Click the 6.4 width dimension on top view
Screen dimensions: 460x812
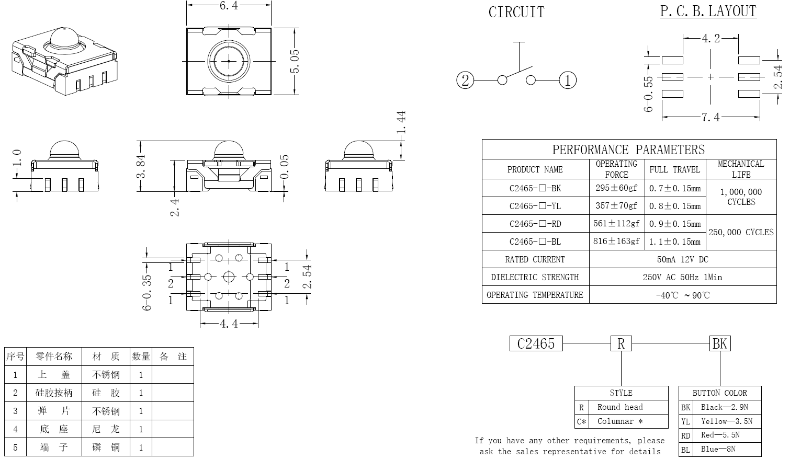229,6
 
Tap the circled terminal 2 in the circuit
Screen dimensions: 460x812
465,80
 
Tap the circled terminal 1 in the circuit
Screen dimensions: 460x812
568,80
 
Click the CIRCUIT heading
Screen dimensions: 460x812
516,13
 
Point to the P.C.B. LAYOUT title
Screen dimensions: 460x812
708,11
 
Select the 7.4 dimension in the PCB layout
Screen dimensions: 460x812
710,117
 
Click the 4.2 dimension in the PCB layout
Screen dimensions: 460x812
710,38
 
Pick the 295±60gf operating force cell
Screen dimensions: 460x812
616,188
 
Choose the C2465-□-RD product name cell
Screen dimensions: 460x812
535,224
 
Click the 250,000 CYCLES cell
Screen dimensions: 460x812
740,233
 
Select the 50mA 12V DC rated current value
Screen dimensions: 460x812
682,260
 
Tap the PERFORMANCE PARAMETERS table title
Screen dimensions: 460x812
628,150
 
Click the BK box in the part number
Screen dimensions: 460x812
719,343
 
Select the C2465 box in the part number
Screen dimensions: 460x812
536,343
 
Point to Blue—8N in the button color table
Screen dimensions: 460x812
718,449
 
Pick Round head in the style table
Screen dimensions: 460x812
620,407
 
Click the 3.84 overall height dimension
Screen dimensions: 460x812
141,166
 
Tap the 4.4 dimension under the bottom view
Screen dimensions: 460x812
229,324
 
